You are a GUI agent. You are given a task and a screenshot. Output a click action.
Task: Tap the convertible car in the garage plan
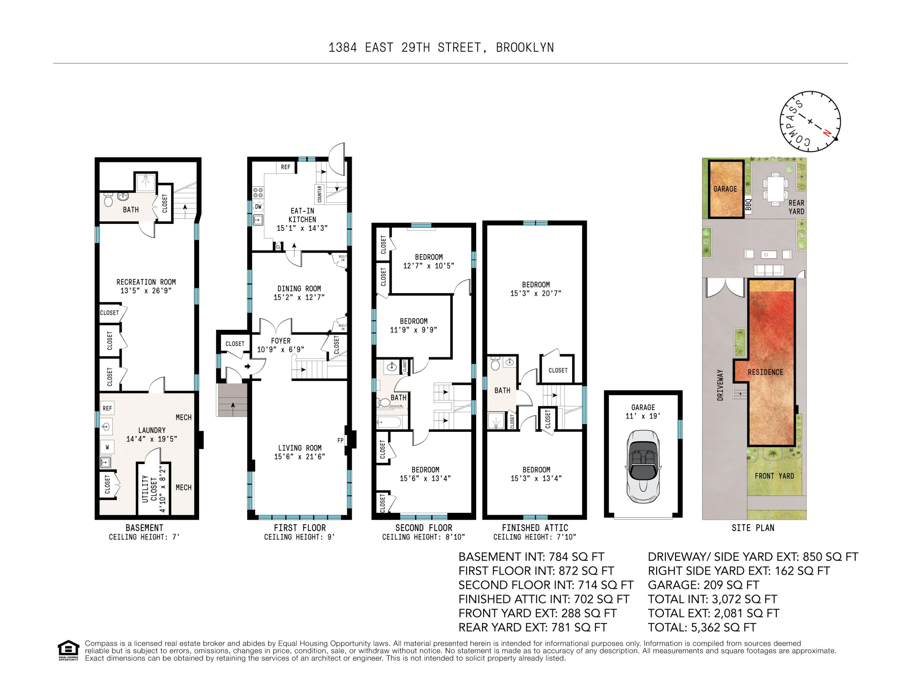tap(643, 466)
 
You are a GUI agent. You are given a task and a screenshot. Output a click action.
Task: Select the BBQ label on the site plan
tap(748, 204)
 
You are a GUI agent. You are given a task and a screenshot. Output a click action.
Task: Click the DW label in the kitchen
tap(258, 207)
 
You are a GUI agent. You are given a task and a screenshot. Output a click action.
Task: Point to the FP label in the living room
tap(340, 440)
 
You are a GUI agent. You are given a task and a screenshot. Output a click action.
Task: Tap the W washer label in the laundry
tap(107, 447)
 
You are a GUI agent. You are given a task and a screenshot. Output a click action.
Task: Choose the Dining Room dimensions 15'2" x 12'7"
tap(299, 297)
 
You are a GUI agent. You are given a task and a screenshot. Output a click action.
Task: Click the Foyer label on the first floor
tap(281, 341)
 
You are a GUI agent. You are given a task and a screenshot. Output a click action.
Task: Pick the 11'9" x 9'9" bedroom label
tap(413, 325)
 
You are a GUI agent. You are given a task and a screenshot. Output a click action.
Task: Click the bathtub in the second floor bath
tap(389, 422)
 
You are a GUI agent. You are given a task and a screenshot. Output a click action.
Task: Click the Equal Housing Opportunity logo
tap(68, 651)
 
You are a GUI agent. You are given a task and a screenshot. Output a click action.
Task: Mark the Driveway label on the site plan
tap(720, 385)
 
